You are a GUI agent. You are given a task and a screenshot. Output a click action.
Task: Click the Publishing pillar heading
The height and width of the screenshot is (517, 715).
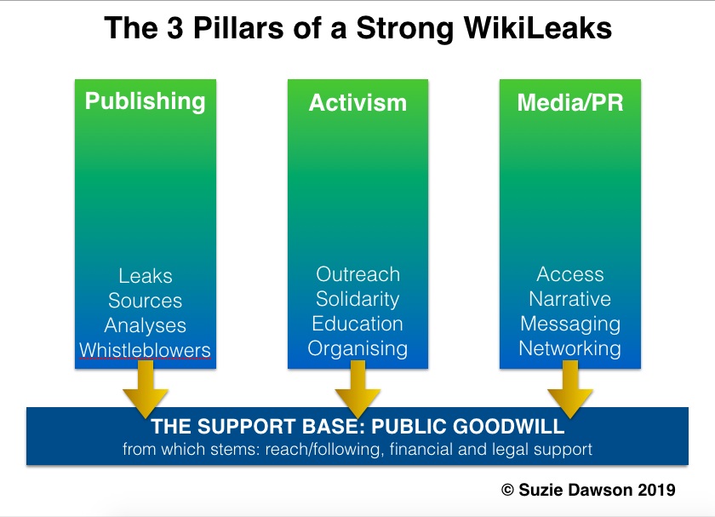[x=145, y=101]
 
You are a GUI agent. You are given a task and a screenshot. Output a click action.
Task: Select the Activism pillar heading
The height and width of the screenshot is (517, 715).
[x=357, y=103]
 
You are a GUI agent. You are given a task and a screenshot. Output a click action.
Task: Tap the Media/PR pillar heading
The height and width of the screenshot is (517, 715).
[x=570, y=102]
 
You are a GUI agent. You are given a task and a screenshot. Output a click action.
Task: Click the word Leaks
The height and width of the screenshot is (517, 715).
[x=146, y=276]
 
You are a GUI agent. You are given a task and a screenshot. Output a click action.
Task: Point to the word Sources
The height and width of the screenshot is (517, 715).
[x=145, y=301]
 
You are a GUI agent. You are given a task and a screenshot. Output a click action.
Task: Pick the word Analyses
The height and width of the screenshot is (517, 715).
[x=145, y=325]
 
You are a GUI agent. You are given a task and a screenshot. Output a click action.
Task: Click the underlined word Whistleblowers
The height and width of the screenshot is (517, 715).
[x=145, y=350]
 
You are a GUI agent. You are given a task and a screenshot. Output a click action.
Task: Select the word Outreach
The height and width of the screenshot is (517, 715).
[x=358, y=274]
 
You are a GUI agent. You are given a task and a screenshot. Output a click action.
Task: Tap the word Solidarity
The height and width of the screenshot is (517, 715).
[x=357, y=299]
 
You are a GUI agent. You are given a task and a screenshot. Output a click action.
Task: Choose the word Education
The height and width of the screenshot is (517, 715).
[x=357, y=324]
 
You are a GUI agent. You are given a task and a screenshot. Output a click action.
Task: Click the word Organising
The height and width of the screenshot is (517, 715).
[x=357, y=349]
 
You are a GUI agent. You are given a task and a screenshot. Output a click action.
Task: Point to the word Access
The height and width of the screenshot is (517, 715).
[x=570, y=274]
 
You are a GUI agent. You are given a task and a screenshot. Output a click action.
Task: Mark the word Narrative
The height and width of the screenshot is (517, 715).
[x=570, y=299]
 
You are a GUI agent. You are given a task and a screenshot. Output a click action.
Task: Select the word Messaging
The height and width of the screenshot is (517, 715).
[x=570, y=325]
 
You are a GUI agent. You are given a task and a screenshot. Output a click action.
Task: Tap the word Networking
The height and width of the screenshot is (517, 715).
[x=570, y=349]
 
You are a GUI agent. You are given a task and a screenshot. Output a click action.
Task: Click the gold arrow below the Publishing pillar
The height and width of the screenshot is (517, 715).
[x=146, y=389]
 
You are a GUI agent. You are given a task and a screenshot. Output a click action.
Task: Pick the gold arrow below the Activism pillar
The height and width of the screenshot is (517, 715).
[x=358, y=389]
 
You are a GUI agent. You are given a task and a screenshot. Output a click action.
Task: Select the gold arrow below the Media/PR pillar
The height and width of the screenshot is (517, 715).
[x=570, y=389]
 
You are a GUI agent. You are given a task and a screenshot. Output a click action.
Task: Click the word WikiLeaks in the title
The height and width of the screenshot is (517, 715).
[x=538, y=28]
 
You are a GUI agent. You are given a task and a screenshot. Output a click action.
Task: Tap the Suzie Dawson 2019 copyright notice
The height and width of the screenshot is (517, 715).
[x=588, y=490]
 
